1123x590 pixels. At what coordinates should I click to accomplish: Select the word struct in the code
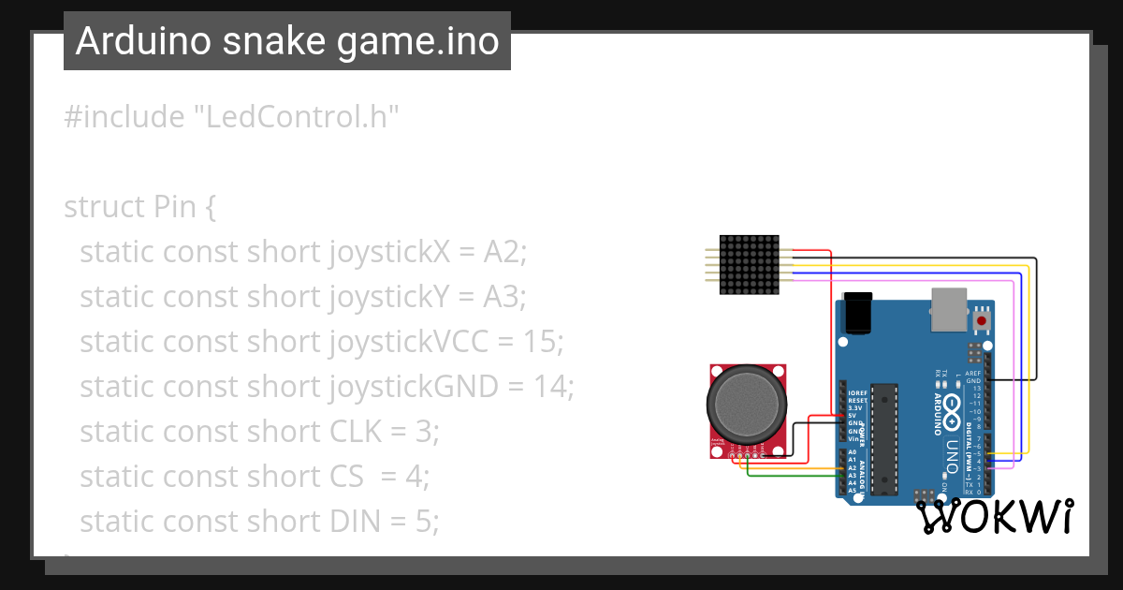pos(100,207)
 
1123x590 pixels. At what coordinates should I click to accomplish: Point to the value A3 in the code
pos(505,297)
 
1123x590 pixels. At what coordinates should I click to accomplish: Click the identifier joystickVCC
pos(408,342)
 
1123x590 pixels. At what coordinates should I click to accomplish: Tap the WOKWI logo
pos(994,516)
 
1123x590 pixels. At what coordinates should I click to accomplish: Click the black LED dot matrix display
pos(750,265)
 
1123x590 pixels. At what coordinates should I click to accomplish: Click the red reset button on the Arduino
pos(981,321)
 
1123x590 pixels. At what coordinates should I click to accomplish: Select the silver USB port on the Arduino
pos(949,308)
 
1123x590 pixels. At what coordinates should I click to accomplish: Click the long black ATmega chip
pos(883,438)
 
